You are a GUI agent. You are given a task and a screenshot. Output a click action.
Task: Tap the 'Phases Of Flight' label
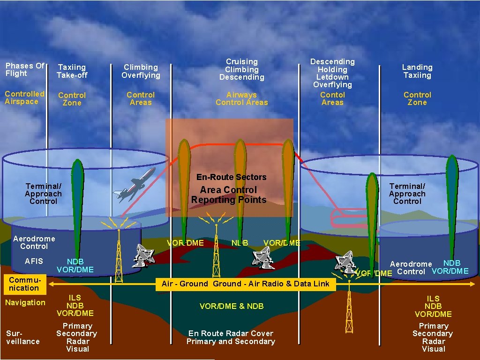[x=24, y=69]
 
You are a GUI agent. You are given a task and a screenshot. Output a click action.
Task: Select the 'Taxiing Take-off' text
[x=72, y=71]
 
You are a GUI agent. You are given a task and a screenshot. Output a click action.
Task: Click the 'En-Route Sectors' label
[x=231, y=177]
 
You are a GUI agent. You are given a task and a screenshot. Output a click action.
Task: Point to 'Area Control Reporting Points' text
[x=229, y=195]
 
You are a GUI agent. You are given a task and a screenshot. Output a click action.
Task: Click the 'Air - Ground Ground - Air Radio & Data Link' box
[x=246, y=284]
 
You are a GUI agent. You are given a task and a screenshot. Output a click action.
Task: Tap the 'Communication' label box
[x=23, y=284]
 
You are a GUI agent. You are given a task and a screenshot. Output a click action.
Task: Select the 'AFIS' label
[x=34, y=261]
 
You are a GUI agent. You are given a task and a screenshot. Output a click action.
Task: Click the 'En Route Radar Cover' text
[x=231, y=333]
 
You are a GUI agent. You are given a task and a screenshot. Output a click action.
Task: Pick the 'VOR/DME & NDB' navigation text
[x=232, y=306]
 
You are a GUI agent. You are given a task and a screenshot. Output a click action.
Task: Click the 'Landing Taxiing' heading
[x=417, y=71]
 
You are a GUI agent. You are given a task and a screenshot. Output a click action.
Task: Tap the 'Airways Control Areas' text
[x=242, y=98]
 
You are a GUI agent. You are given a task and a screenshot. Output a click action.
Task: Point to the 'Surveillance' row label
[x=22, y=337]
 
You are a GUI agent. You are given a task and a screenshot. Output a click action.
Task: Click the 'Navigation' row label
[x=25, y=303]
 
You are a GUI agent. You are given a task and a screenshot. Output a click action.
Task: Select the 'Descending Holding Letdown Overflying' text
[x=332, y=73]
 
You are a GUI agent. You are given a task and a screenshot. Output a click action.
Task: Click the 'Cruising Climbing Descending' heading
[x=242, y=69]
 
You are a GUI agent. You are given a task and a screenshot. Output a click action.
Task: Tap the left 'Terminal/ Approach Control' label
[x=43, y=194]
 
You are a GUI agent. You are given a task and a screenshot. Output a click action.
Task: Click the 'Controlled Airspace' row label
[x=24, y=97]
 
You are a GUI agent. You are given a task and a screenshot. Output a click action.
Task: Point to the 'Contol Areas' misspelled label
[x=332, y=98]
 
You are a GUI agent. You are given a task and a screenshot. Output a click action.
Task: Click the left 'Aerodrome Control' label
[x=34, y=242]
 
